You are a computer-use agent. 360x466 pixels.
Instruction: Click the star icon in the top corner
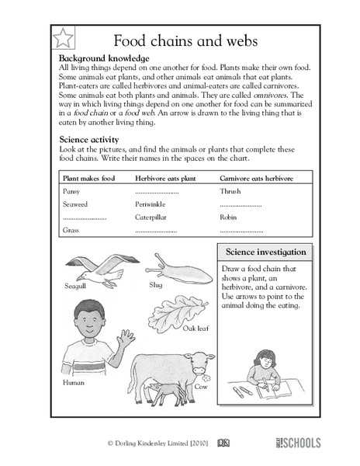point(63,37)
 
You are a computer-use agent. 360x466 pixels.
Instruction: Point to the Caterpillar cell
point(151,217)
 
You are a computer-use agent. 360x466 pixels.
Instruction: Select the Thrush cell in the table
point(230,190)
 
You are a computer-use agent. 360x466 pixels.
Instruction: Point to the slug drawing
point(174,267)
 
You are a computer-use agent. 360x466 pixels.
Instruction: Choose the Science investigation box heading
point(266,253)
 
